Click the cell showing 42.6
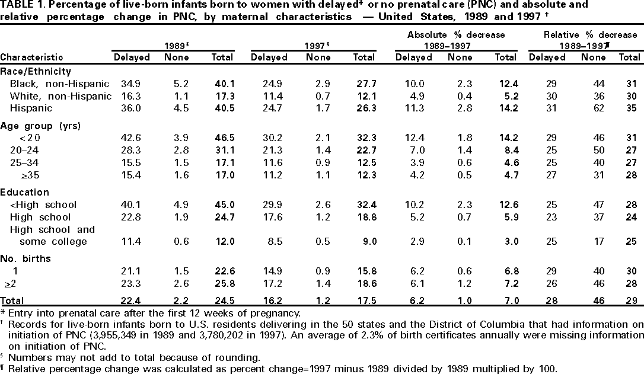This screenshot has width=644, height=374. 131,138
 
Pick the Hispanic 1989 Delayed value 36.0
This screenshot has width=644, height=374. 131,108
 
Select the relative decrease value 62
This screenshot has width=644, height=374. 589,108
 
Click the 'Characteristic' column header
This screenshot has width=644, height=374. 31,57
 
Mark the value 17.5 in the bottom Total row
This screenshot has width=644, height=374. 364,301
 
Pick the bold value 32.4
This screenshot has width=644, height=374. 364,205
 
